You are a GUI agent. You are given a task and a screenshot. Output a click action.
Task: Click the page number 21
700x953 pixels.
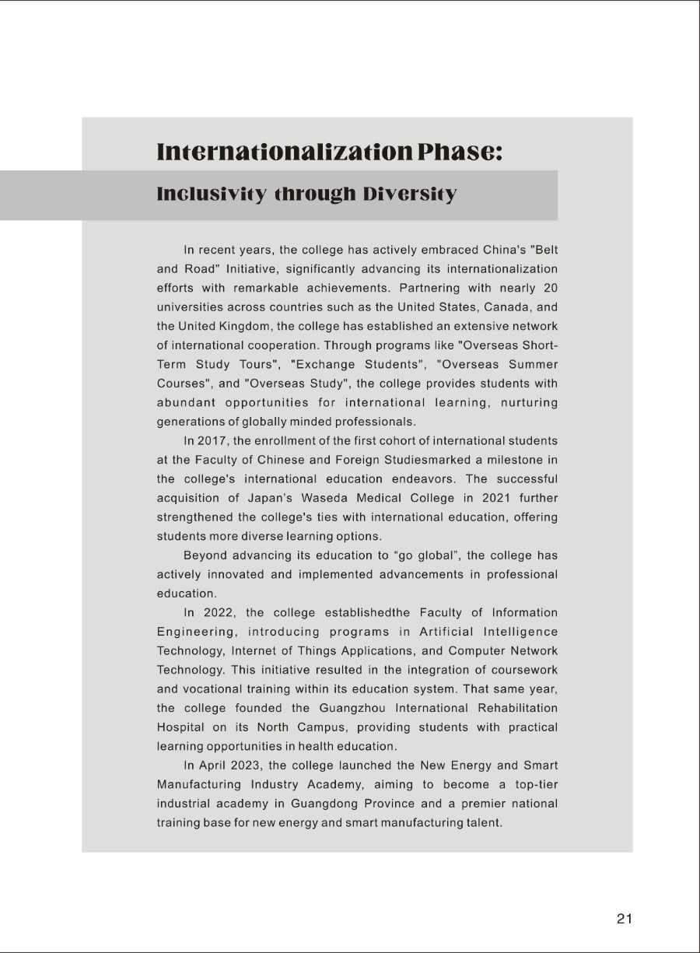[x=625, y=919]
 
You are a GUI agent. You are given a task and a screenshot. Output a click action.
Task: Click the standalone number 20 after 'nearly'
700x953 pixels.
[x=550, y=288]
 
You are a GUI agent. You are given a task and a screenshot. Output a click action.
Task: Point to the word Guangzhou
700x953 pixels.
[x=351, y=708]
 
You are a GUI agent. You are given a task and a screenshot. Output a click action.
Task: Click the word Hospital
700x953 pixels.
[x=181, y=727]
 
